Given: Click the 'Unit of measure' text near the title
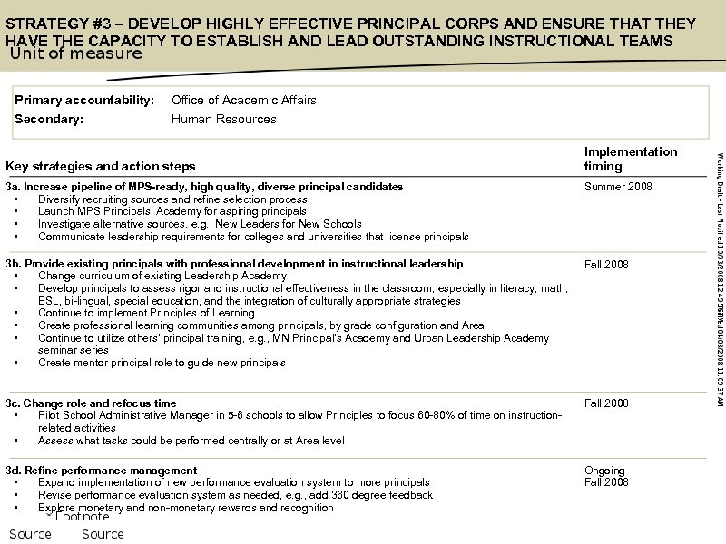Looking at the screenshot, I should (76, 53).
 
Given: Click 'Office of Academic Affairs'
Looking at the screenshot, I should (243, 100).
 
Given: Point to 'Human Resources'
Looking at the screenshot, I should (223, 119).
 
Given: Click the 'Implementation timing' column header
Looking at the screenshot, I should (630, 159).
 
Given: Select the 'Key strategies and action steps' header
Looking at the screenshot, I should (100, 166).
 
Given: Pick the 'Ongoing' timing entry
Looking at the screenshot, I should (604, 471).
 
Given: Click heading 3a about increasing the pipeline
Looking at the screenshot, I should (204, 187).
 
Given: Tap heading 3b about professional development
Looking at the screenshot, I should (234, 264).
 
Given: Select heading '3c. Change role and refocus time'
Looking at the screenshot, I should (91, 403).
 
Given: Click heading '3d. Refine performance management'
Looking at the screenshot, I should (101, 471).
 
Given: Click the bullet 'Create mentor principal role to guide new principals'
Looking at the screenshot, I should (162, 363).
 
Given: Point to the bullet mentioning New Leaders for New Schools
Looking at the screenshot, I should (200, 224).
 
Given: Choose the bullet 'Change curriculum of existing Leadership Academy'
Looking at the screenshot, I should (162, 276).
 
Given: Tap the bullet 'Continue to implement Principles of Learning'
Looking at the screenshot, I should (146, 313).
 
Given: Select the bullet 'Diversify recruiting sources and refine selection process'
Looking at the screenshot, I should (172, 199).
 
